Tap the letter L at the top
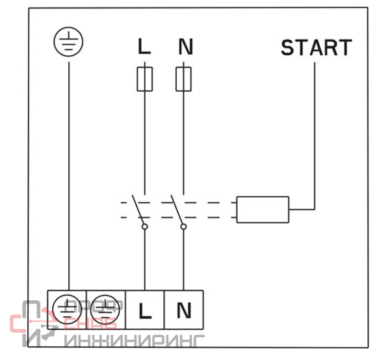[x=144, y=47]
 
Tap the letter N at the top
[x=185, y=47]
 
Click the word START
[x=316, y=47]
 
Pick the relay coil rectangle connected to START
[x=263, y=209]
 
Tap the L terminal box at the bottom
[x=145, y=309]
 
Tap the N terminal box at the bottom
[x=184, y=309]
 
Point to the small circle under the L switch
[x=144, y=227]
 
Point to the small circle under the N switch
[x=184, y=227]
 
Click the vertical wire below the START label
[x=315, y=130]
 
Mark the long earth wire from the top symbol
[x=68, y=169]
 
